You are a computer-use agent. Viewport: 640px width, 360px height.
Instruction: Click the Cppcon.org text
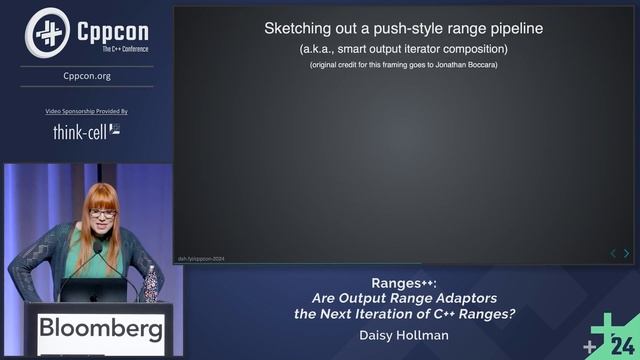coord(87,75)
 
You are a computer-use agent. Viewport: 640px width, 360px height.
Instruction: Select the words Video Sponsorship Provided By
coord(87,111)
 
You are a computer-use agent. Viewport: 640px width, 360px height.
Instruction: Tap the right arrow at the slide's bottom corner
coord(627,254)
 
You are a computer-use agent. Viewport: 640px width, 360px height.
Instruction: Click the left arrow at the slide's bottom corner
coord(613,254)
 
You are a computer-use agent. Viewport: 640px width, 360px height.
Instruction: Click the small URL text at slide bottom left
coord(201,257)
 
